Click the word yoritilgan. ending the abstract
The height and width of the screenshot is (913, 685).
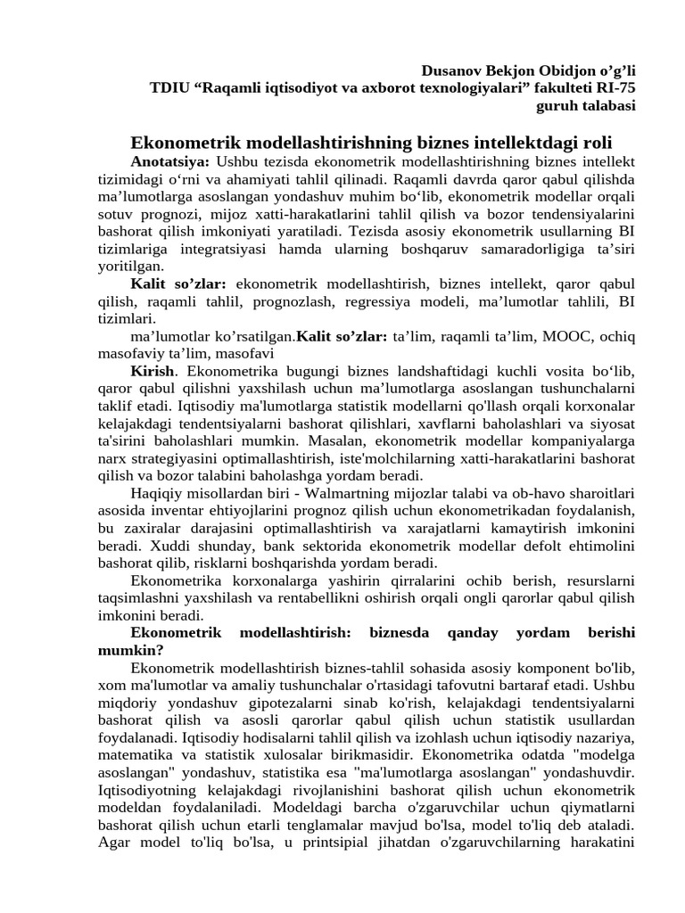[x=131, y=267]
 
